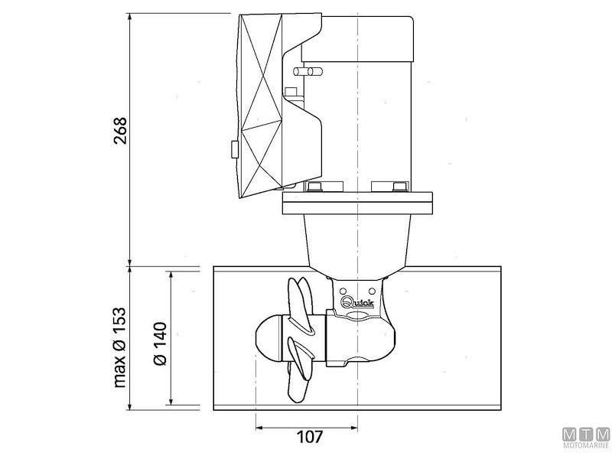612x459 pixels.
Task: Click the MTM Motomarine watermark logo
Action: tap(587, 437)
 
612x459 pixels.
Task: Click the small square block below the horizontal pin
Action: tap(290, 93)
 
